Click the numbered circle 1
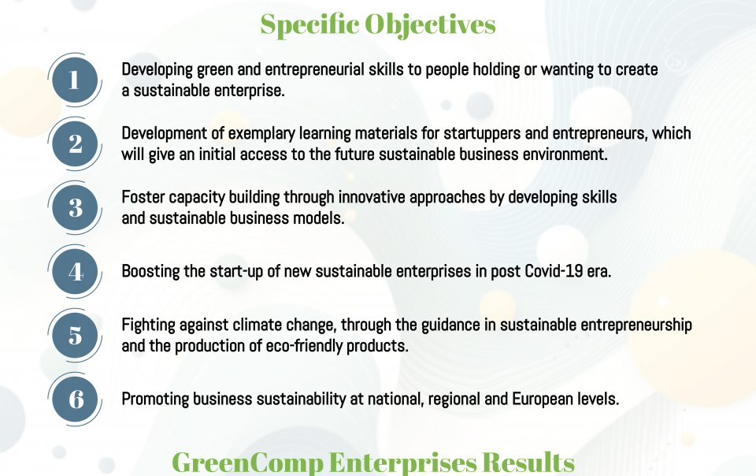point(75,80)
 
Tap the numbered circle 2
point(75,143)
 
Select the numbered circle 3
point(75,208)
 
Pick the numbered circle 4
point(75,272)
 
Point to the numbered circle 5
point(75,336)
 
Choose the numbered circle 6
point(75,400)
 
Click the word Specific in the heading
point(310,25)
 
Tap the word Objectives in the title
point(430,25)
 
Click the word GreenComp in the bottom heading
point(247,463)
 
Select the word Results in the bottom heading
point(528,463)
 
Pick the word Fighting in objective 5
point(149,325)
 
